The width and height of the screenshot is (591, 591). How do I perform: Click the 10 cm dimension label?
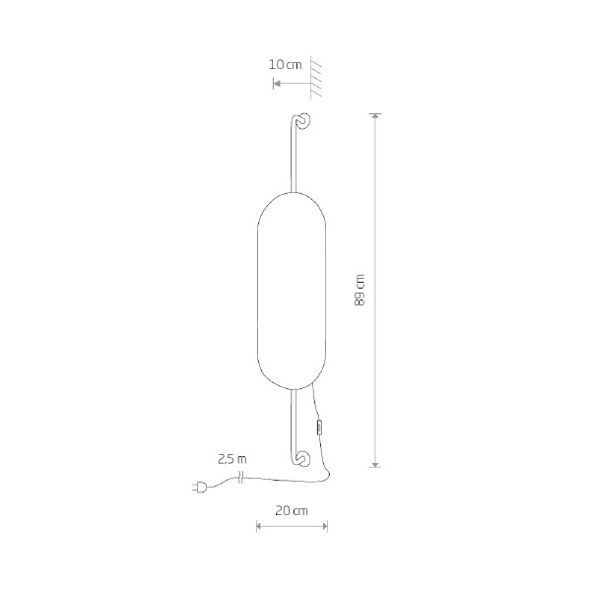tap(285, 64)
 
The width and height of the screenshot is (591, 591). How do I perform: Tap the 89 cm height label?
tap(360, 290)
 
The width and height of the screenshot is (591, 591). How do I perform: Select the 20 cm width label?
tap(292, 510)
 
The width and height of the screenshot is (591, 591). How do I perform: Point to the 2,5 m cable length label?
tap(232, 459)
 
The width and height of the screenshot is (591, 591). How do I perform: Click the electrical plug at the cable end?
tap(200, 488)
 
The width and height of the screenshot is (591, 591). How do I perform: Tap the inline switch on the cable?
tap(319, 428)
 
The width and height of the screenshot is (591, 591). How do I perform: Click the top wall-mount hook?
tap(302, 120)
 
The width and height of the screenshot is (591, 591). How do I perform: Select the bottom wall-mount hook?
tap(302, 458)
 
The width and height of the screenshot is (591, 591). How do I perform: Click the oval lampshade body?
tap(292, 291)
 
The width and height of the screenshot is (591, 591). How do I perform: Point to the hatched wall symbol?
tap(316, 77)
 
